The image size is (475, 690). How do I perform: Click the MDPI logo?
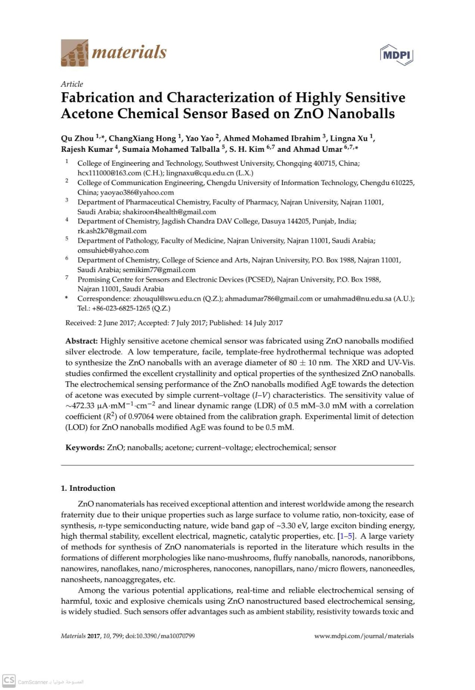point(397,55)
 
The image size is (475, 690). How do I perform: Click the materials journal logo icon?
point(74,53)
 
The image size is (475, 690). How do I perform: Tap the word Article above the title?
point(72,84)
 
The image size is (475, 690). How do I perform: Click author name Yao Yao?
point(199,138)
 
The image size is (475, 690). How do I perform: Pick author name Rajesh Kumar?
point(87,149)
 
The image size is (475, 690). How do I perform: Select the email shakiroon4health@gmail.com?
point(169,212)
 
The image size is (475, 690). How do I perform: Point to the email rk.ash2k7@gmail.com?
point(112,231)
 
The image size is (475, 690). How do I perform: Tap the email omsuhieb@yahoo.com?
point(113,250)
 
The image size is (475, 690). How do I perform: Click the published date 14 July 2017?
point(264,323)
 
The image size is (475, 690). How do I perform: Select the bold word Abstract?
point(81,341)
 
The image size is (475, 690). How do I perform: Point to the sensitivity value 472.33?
point(83,406)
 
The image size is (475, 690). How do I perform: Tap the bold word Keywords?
point(85,448)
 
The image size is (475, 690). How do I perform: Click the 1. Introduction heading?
point(88,488)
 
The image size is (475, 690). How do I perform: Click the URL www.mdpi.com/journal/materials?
point(364,636)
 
